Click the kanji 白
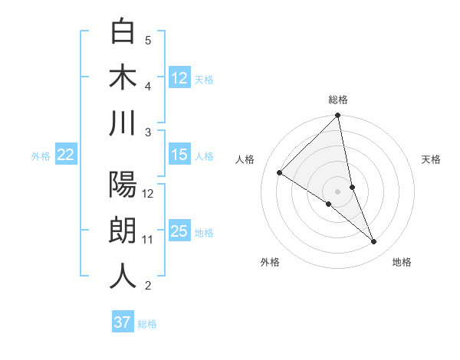pos(123,32)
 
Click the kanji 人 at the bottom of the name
pos(123,276)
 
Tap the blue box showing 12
pos(179,77)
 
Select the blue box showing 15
pos(179,155)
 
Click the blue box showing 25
pos(179,231)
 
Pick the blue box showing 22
pos(66,155)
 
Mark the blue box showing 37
pos(122,322)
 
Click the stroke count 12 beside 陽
pos(148,194)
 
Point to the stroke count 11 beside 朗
pos(148,240)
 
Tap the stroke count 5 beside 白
pos(148,41)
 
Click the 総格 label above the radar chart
pos(338,100)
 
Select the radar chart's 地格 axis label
pos(402,262)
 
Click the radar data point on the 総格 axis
pos(337,116)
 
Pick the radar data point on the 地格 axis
pos(374,242)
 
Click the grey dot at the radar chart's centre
pos(337,191)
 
